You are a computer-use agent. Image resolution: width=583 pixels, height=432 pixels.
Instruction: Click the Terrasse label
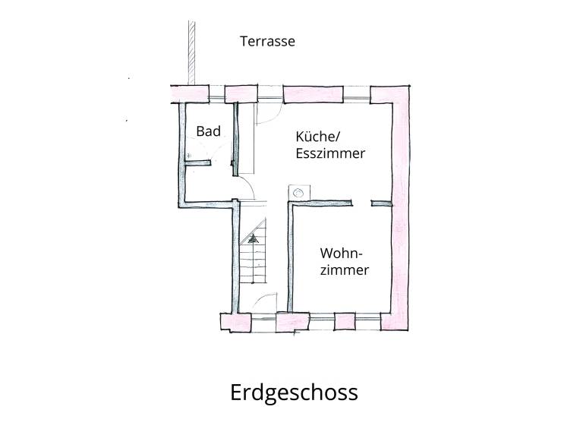coord(267,41)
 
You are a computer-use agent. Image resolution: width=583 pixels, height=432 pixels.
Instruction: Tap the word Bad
coord(208,131)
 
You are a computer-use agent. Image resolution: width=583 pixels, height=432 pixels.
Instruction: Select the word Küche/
coord(318,137)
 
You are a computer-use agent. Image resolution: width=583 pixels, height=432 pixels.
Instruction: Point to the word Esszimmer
coord(330,153)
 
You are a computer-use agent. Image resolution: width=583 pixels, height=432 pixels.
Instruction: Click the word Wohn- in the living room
coord(342,253)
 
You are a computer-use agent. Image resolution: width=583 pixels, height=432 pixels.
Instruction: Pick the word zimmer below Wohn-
coord(345,270)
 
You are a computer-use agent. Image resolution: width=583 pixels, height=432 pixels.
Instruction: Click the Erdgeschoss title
coord(294,393)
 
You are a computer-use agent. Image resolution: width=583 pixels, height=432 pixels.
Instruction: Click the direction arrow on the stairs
coord(254,238)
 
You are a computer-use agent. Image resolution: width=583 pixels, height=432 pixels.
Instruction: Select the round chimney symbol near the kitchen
coord(298,193)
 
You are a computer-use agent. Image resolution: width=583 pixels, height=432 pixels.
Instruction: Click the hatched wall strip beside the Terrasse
coord(191,52)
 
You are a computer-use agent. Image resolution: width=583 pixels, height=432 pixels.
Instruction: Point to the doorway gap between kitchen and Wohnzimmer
coord(361,203)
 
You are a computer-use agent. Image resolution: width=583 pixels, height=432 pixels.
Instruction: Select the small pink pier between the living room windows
coord(345,322)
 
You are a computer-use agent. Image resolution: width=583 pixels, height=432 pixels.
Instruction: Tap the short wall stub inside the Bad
coord(198,162)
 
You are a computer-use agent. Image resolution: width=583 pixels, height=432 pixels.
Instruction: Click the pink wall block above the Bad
coord(190,94)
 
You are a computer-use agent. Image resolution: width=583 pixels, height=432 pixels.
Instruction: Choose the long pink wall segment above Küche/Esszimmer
coord(314,94)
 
